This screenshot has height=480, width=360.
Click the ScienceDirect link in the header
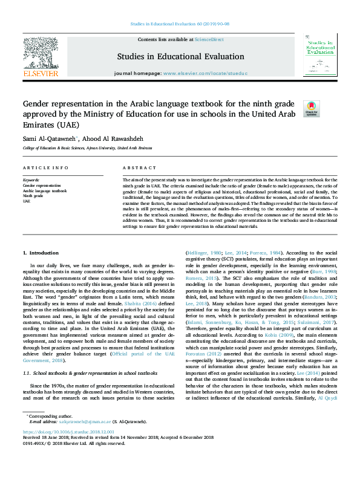209,39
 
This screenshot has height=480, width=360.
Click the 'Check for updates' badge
310,108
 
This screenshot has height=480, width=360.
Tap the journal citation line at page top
180,24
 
